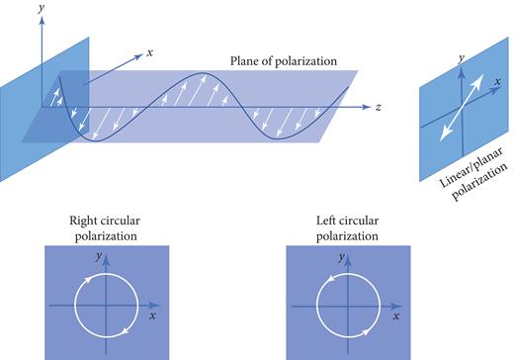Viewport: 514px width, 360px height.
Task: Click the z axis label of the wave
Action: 379,106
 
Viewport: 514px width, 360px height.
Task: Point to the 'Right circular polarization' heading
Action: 110,227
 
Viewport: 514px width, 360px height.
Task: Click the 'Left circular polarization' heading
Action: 348,227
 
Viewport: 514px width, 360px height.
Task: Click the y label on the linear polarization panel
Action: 461,59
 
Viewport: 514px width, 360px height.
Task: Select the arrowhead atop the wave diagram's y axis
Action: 42,19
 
